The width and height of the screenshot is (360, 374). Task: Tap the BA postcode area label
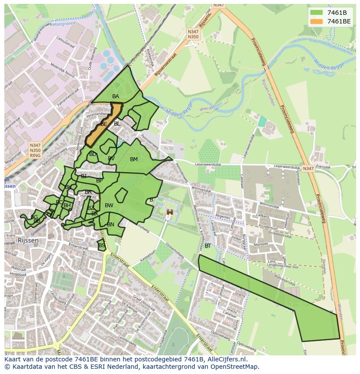coord(116,96)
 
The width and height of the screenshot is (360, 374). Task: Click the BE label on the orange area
coord(104,124)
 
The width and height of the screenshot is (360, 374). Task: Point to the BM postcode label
coord(134,159)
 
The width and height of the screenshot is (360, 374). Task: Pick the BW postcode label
coord(109,205)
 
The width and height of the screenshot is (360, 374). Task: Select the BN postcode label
coord(110,225)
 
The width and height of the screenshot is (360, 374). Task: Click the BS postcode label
coord(102,245)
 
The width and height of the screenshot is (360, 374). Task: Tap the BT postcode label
coord(208,246)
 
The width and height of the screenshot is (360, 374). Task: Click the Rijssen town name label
coord(28,240)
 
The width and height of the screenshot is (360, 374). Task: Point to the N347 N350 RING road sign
coord(35,150)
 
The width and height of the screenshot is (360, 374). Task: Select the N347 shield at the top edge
coord(219,5)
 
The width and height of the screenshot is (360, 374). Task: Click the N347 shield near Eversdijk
coord(308,169)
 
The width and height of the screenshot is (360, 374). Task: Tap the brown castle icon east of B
coord(170,212)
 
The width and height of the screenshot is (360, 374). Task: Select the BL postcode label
coord(117,124)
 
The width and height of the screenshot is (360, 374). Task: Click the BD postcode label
coord(93,154)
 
